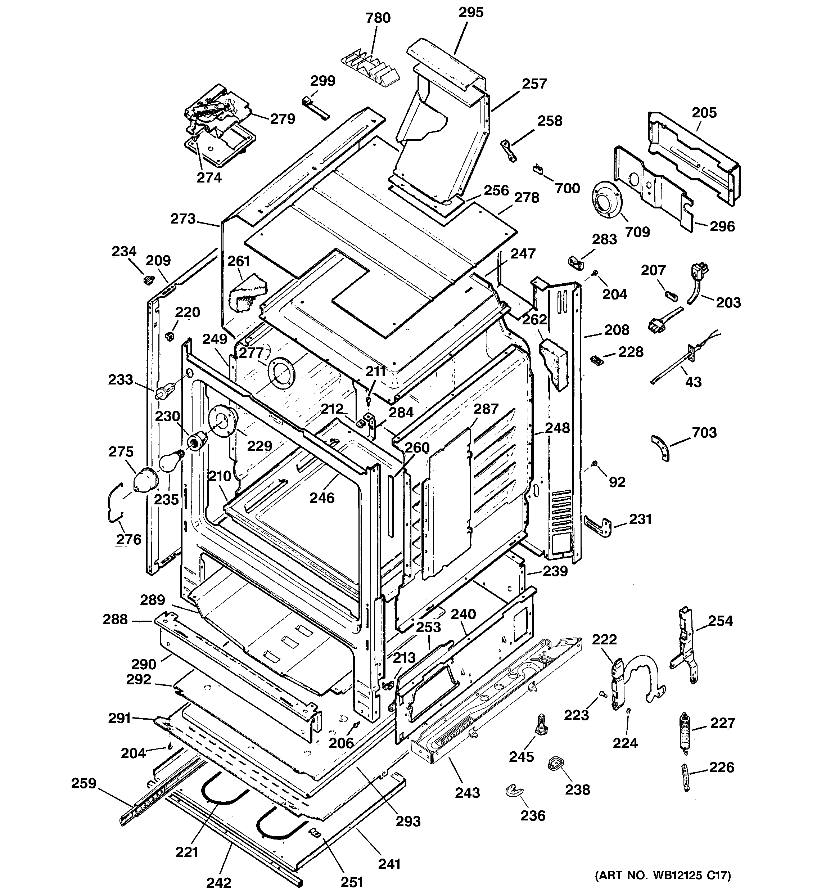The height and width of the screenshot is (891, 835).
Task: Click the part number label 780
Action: point(378,18)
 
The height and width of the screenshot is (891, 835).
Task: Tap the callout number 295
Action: point(471,13)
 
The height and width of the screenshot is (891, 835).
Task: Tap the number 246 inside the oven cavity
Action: point(322,498)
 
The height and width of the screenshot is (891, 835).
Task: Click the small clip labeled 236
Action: point(514,791)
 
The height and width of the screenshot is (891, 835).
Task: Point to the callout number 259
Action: point(83,783)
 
